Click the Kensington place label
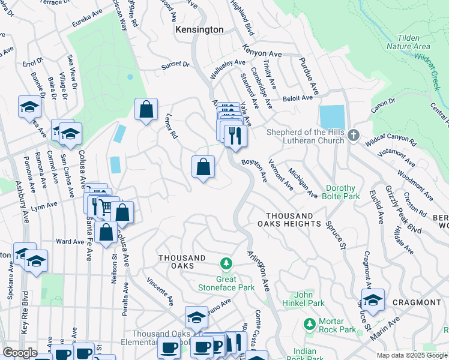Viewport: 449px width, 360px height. point(199,29)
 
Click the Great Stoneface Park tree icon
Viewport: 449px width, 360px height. point(226,263)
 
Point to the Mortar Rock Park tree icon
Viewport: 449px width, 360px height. point(309,323)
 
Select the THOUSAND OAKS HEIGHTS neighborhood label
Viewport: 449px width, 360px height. point(294,220)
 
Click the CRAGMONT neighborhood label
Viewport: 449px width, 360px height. point(416,302)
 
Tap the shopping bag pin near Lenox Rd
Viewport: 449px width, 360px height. point(146,110)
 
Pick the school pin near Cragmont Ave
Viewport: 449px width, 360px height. point(373,301)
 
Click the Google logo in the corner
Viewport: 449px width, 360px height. point(20,353)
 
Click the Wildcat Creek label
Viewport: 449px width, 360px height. point(431,74)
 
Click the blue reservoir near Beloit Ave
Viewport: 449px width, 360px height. point(333,117)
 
